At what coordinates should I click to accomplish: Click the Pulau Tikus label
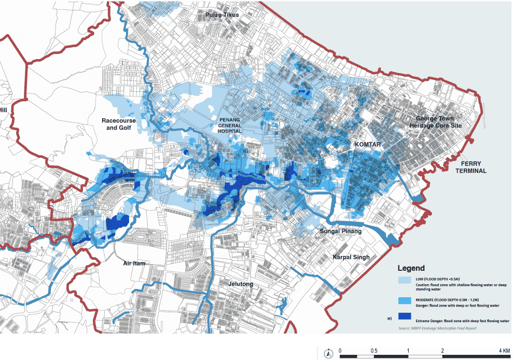(x=223, y=15)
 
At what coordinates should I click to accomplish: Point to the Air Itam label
(x=134, y=264)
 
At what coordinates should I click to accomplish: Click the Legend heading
(x=411, y=268)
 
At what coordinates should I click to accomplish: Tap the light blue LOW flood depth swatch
(x=405, y=280)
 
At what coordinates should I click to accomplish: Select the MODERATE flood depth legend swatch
(x=405, y=300)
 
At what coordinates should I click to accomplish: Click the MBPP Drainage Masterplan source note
(x=437, y=328)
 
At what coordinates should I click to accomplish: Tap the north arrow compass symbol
(x=328, y=354)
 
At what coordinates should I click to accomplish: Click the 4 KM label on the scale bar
(x=503, y=351)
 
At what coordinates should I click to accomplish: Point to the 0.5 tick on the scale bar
(x=374, y=351)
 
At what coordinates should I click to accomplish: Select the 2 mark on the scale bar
(x=442, y=351)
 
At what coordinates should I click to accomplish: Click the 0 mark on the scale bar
(x=340, y=351)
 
